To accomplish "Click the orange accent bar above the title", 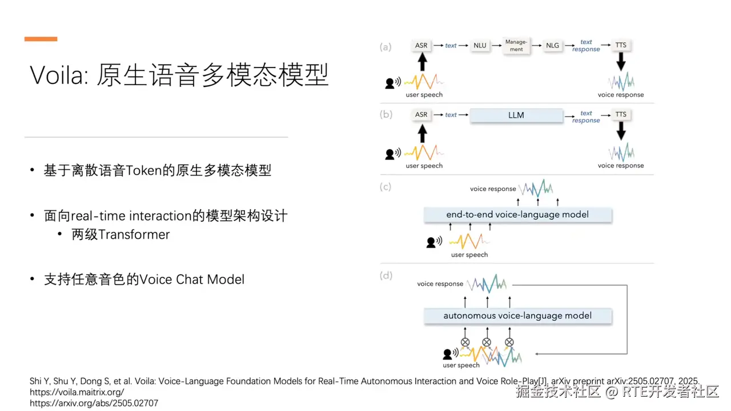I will pyautogui.click(x=41, y=39).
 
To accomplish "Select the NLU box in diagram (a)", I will pyautogui.click(x=480, y=45).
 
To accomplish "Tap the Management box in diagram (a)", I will pyautogui.click(x=516, y=46).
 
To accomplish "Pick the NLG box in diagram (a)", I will pyautogui.click(x=552, y=45).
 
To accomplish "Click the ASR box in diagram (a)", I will pyautogui.click(x=421, y=45).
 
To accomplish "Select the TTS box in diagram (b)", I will pyautogui.click(x=621, y=115).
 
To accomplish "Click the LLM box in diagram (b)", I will pyautogui.click(x=516, y=115).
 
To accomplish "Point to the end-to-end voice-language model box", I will pyautogui.click(x=517, y=215).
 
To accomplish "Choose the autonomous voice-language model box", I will pyautogui.click(x=517, y=316).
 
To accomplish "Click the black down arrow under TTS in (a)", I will pyautogui.click(x=621, y=61).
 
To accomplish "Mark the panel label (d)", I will pyautogui.click(x=386, y=276).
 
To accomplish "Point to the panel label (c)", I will pyautogui.click(x=385, y=187).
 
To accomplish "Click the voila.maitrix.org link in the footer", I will pyautogui.click(x=77, y=392).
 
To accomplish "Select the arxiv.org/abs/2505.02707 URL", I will pyautogui.click(x=94, y=403).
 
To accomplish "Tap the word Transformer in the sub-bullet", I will pyautogui.click(x=134, y=235).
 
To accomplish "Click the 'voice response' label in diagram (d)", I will pyautogui.click(x=440, y=284).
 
